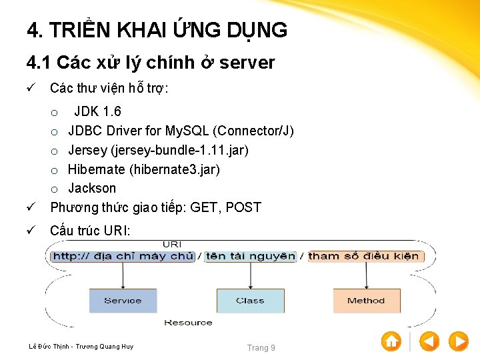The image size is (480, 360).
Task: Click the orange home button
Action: pyautogui.click(x=391, y=341)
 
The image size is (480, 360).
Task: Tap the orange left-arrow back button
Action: pyautogui.click(x=429, y=341)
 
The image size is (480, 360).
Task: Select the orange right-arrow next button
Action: pyautogui.click(x=458, y=341)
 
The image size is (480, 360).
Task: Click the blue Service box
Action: pyautogui.click(x=123, y=301)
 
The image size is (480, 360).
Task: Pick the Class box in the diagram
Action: pyautogui.click(x=250, y=301)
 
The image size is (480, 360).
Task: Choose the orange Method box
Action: pyautogui.click(x=366, y=301)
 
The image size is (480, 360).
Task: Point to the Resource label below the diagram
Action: pyautogui.click(x=188, y=323)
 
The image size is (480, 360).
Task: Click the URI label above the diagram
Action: pyautogui.click(x=172, y=245)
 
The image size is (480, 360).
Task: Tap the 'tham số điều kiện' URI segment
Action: pyautogui.click(x=364, y=256)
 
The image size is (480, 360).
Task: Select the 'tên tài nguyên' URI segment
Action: pyautogui.click(x=250, y=256)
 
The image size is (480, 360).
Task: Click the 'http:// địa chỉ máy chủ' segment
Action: pyautogui.click(x=123, y=256)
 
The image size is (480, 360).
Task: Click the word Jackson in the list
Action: pyautogui.click(x=92, y=188)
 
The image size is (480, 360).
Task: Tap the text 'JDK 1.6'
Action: pyautogui.click(x=97, y=111)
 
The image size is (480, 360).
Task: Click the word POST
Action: pyautogui.click(x=243, y=207)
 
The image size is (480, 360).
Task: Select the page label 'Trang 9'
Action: pyautogui.click(x=261, y=347)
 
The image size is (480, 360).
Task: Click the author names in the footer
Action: pyautogui.click(x=81, y=347)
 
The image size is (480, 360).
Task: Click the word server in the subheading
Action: pyautogui.click(x=247, y=63)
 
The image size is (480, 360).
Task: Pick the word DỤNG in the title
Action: pyautogui.click(x=257, y=31)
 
